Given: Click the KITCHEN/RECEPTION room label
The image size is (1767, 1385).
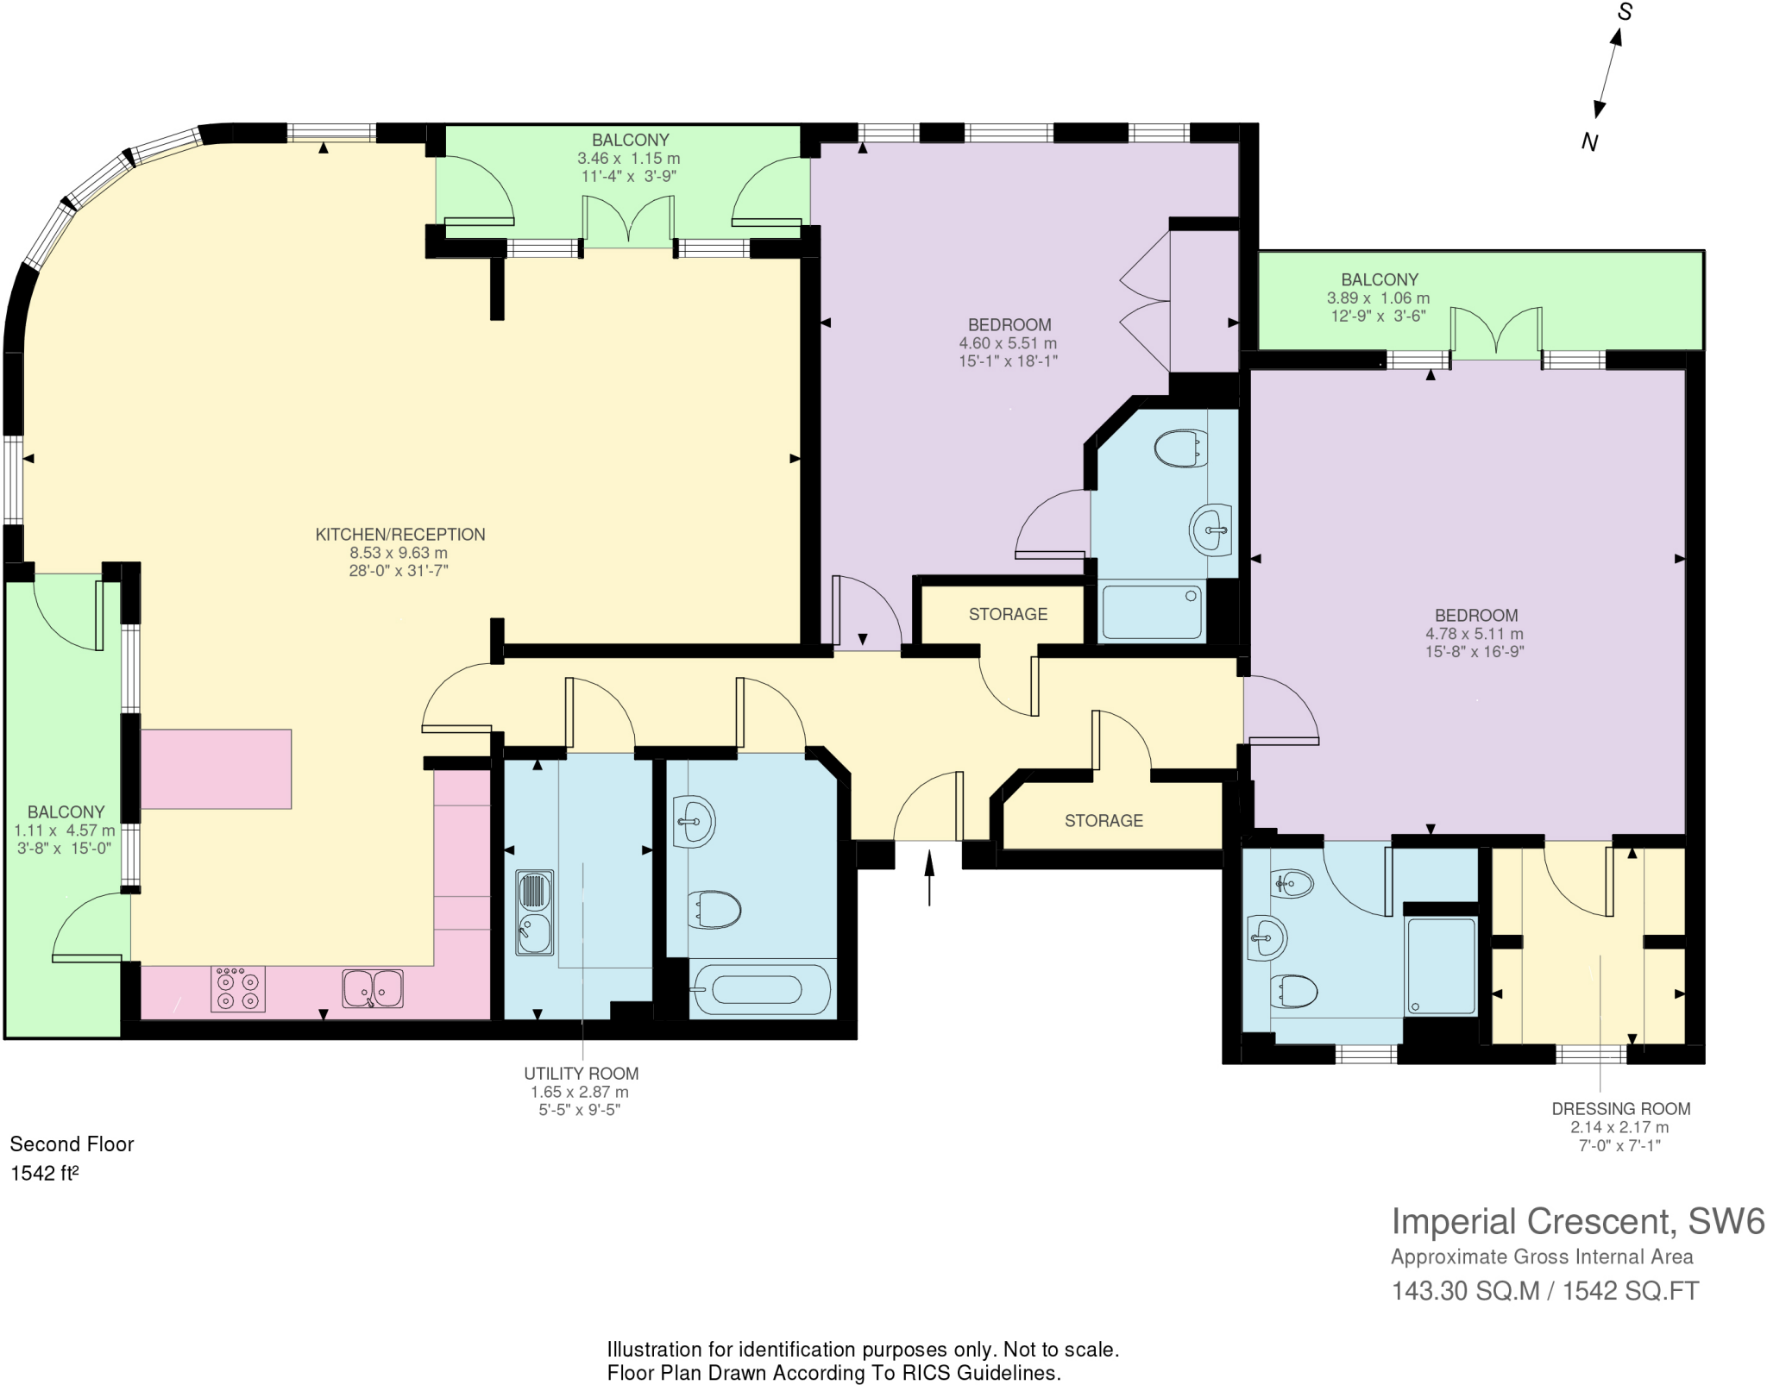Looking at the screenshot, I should click(399, 535).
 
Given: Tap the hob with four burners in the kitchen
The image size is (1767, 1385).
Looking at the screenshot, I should click(238, 989).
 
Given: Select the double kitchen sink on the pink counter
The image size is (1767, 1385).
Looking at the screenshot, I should click(373, 989).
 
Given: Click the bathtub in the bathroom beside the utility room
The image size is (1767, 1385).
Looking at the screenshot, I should click(757, 989).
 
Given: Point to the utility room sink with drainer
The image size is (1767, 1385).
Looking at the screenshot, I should click(534, 912).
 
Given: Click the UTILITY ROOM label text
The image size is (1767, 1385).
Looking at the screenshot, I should click(581, 1074).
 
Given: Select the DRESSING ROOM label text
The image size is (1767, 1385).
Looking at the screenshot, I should click(1620, 1109).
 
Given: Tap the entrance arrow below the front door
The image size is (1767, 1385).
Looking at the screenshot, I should click(929, 878).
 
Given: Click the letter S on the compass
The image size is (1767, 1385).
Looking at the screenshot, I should click(1625, 12).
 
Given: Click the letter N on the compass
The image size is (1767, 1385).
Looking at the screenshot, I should click(1589, 142).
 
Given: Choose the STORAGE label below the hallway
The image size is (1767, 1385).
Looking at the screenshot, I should click(1104, 821).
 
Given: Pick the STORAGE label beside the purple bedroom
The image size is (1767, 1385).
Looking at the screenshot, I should click(1008, 614).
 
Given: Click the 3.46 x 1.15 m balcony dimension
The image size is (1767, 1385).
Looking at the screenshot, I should click(628, 159).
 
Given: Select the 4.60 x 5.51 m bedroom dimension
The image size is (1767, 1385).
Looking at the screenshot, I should click(1008, 343).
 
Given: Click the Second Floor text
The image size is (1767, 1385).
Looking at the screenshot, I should click(72, 1144).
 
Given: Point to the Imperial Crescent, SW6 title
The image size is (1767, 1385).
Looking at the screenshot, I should click(1577, 1222).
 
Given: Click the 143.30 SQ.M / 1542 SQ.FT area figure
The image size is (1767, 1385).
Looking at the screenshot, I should click(1544, 1291).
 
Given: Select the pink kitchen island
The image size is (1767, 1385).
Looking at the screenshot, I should click(216, 769).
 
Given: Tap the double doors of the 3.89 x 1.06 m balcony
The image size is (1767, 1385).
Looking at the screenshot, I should click(1496, 333).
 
